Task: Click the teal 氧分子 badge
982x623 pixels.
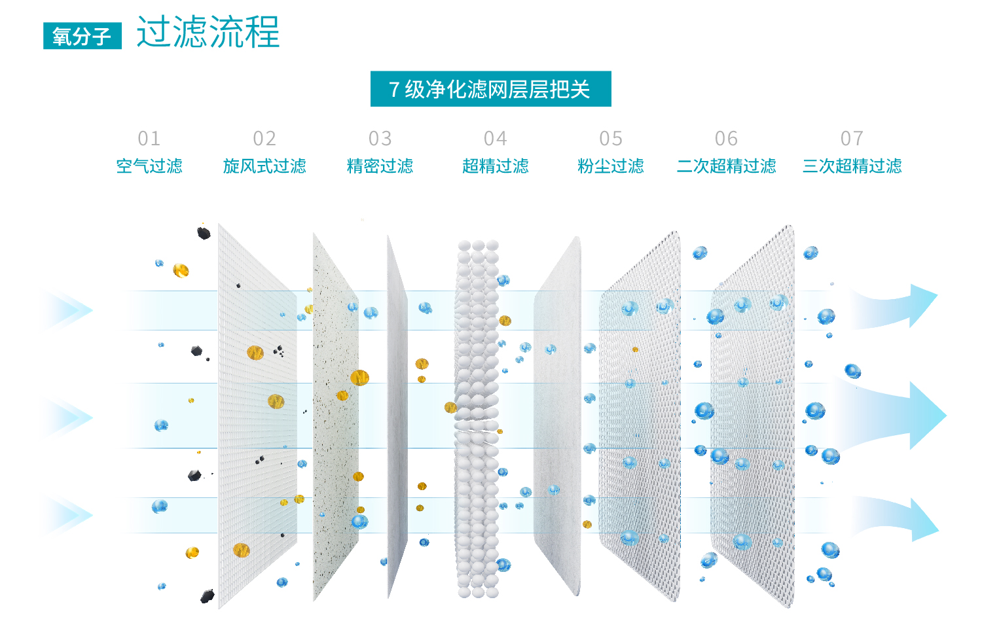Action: (x=82, y=36)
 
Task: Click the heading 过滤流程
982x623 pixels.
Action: (x=208, y=31)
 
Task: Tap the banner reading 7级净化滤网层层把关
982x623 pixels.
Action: (x=490, y=89)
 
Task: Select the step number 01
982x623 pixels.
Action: (x=149, y=139)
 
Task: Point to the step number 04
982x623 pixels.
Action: (x=496, y=139)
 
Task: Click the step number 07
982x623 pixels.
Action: (x=852, y=139)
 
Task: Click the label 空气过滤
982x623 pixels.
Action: (x=149, y=166)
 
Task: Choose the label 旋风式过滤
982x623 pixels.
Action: (x=264, y=166)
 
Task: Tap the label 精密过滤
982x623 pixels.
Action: (x=380, y=166)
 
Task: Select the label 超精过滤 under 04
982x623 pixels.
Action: (x=496, y=166)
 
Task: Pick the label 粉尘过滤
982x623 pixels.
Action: (x=611, y=166)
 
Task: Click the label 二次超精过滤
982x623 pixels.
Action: (x=727, y=166)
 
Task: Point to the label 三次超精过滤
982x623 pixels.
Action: (x=852, y=166)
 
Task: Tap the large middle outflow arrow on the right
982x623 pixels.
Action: (x=894, y=416)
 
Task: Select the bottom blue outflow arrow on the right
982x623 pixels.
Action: (x=894, y=519)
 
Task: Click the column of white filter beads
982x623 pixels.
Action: (x=478, y=418)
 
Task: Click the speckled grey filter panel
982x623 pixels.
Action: (x=336, y=416)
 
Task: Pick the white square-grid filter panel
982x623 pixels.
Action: (x=257, y=416)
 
